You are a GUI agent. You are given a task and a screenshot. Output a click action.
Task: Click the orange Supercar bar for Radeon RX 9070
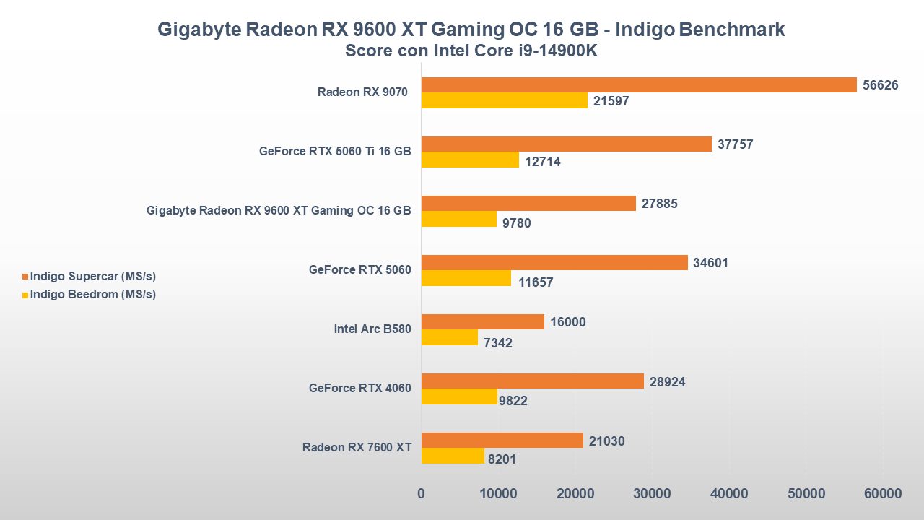coord(639,85)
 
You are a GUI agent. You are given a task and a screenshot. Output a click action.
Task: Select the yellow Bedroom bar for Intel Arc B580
coord(450,337)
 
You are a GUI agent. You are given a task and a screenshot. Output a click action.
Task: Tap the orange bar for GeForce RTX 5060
coord(554,263)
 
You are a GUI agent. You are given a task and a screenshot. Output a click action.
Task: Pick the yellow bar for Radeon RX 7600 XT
coord(453,456)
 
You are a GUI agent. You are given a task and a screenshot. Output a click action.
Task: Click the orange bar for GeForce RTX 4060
coord(532,381)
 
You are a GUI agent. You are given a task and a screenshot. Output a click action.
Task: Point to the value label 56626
coord(881,85)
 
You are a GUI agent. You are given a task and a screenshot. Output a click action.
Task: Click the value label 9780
coord(517,223)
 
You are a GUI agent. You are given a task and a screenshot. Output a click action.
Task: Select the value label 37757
coord(736,144)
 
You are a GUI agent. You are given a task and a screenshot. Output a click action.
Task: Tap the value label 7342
coord(498,343)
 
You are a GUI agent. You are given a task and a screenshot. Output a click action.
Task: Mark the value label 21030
coord(607,441)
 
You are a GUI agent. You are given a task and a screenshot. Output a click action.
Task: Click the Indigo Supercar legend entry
coord(92,277)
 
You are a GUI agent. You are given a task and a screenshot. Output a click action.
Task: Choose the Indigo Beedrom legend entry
coord(92,295)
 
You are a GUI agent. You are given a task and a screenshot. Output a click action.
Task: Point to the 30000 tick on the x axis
coord(652,494)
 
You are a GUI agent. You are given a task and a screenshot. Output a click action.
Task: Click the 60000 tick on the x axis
coord(883,494)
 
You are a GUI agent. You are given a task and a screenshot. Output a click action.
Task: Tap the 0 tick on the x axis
coord(422,494)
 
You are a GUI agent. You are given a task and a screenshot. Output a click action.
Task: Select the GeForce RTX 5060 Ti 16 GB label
coord(335,152)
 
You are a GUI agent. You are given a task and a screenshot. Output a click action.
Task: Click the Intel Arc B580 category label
coord(372,329)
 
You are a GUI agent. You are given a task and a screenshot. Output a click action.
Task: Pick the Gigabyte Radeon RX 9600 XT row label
coord(279,211)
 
